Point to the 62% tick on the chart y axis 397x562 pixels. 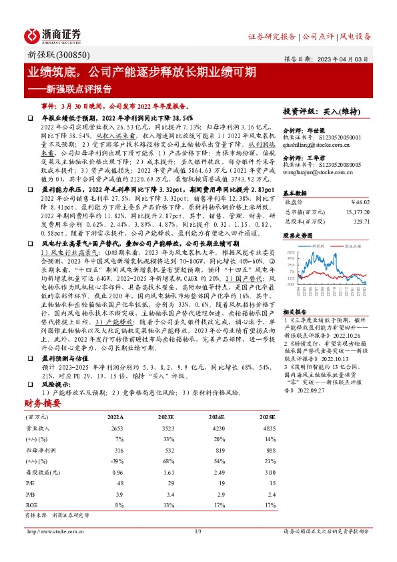pos(290,253)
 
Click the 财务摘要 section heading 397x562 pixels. pos(48,403)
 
